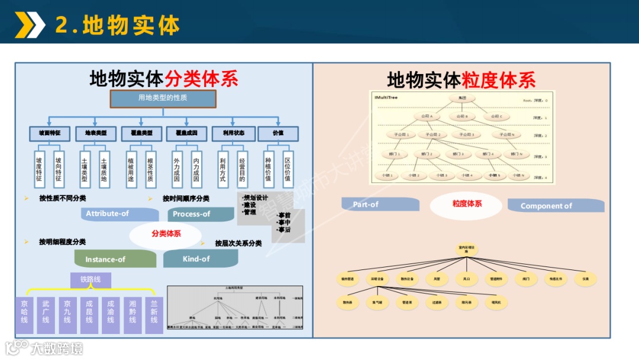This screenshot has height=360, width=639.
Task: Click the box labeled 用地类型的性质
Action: [x=163, y=98]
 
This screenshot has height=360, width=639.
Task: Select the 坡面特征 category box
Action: [x=50, y=134]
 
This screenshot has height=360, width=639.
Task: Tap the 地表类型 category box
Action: [x=96, y=134]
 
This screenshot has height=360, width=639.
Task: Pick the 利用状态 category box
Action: [x=233, y=134]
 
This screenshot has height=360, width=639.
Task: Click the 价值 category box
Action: [x=278, y=134]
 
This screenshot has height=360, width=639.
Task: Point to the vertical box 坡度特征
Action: [x=39, y=169]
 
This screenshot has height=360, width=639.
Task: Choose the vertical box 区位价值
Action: [x=288, y=169]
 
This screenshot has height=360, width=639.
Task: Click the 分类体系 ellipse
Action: [x=166, y=234]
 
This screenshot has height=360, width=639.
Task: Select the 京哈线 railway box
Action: [x=24, y=315]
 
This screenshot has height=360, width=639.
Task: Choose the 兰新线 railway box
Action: [x=154, y=315]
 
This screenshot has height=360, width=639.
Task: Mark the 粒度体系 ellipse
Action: [x=467, y=204]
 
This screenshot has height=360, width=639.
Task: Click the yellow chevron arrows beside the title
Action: [x=30, y=24]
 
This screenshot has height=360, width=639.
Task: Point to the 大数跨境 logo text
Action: [x=57, y=348]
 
